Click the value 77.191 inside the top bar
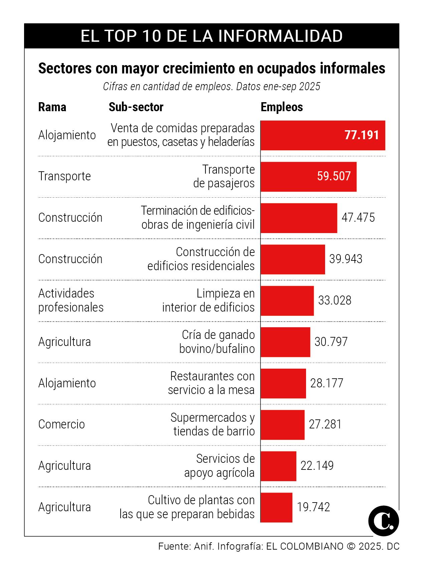[362, 135]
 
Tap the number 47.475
[358, 218]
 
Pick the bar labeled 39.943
[293, 259]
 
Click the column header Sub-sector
[136, 107]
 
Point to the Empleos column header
[282, 107]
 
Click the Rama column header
[52, 107]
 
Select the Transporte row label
[64, 176]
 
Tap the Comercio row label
[61, 424]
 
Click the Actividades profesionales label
[71, 301]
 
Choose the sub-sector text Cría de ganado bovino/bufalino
[218, 342]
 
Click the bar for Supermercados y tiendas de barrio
[282, 425]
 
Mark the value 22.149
[317, 466]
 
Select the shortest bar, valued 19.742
[276, 507]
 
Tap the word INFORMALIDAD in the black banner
[281, 36]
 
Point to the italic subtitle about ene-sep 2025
[211, 86]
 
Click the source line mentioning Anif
[279, 547]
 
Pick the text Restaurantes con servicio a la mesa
[212, 383]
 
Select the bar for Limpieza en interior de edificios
[287, 301]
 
